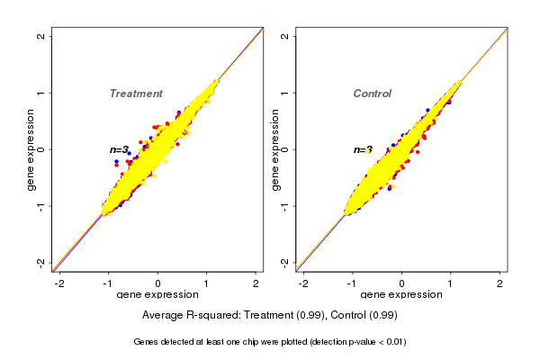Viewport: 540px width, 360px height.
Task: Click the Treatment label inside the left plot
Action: pyautogui.click(x=136, y=94)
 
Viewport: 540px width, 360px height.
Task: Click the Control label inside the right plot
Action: pyautogui.click(x=372, y=94)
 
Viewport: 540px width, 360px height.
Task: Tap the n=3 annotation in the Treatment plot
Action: pyautogui.click(x=120, y=149)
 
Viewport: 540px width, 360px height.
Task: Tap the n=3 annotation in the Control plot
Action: pyautogui.click(x=363, y=150)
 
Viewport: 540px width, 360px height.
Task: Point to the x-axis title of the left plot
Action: pyautogui.click(x=157, y=295)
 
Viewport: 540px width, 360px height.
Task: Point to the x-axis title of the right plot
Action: pyautogui.click(x=401, y=295)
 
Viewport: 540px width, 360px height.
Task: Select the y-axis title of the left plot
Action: pyautogui.click(x=32, y=149)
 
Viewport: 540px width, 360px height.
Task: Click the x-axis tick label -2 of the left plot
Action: pyautogui.click(x=58, y=283)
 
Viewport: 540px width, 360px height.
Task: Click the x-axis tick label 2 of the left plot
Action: pyautogui.click(x=256, y=283)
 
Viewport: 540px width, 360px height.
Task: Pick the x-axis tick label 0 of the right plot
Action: pyautogui.click(x=401, y=283)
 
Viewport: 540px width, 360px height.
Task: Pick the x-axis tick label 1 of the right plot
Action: pyautogui.click(x=451, y=283)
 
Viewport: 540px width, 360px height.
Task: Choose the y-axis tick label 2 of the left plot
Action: pyautogui.click(x=41, y=36)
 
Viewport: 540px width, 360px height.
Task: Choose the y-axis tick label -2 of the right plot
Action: pyautogui.click(x=285, y=262)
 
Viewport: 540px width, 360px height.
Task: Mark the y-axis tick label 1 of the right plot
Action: pyautogui.click(x=285, y=93)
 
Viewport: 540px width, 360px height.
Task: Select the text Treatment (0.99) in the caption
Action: pyautogui.click(x=277, y=316)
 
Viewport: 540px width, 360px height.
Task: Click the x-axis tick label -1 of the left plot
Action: pyautogui.click(x=107, y=283)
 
